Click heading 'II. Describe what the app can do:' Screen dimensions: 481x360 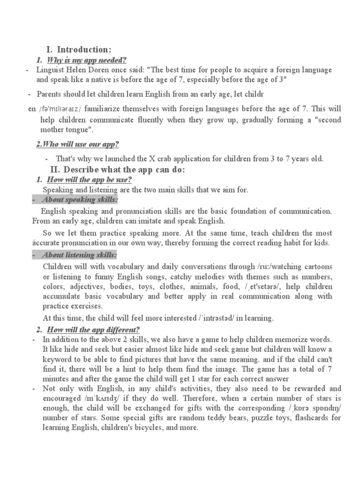[118, 169]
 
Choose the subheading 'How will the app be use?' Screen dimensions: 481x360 [87, 180]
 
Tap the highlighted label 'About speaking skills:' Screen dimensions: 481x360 [80, 201]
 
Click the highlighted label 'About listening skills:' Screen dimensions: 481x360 [79, 255]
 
